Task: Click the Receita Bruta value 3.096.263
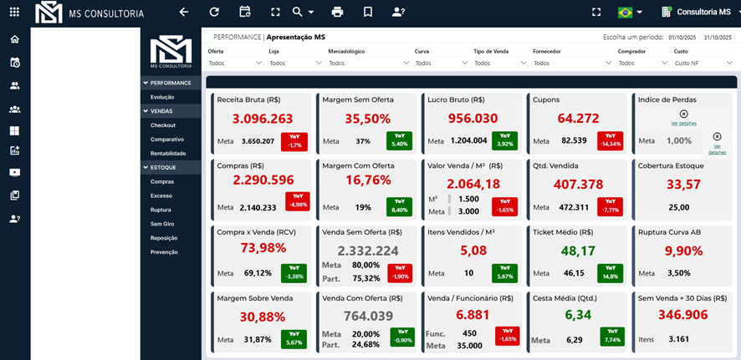click(x=263, y=119)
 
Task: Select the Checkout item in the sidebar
click(x=162, y=125)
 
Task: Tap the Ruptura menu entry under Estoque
click(x=161, y=210)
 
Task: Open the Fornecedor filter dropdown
click(x=569, y=63)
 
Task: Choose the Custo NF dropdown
click(x=701, y=63)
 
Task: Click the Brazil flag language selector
click(x=629, y=13)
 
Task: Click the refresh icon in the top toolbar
click(x=214, y=13)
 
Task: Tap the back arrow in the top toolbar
click(x=184, y=13)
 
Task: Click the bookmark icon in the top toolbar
click(x=368, y=13)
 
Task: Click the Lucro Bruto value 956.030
click(x=473, y=119)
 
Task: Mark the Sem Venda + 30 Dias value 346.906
click(x=683, y=315)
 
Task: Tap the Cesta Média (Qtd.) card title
click(x=565, y=297)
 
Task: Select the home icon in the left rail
click(x=15, y=39)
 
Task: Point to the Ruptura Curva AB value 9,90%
click(x=683, y=250)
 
